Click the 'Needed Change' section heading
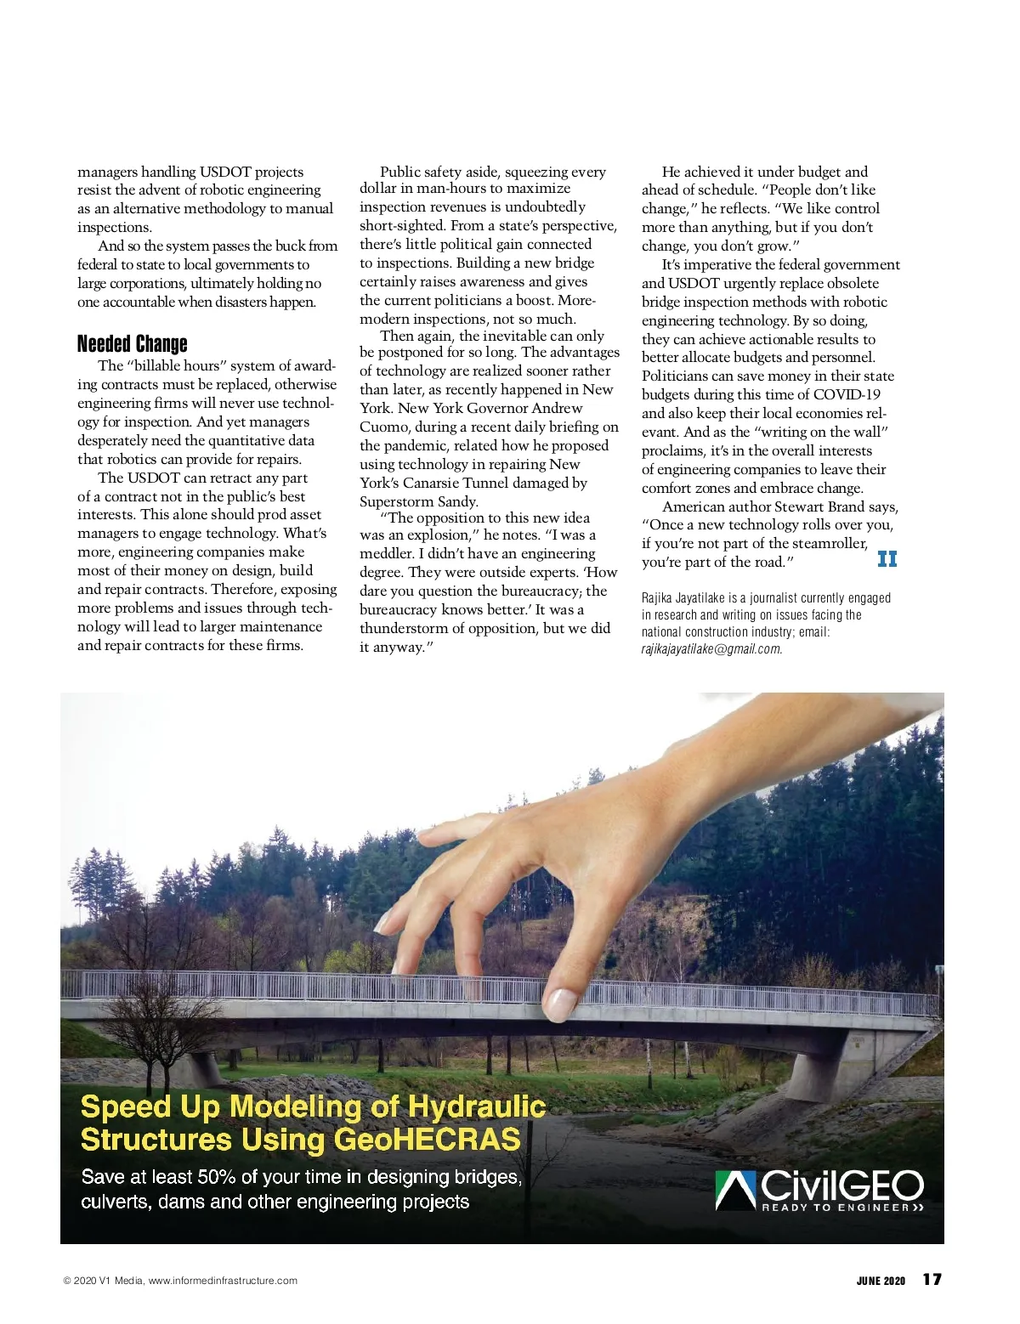[132, 344]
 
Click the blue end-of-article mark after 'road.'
[887, 559]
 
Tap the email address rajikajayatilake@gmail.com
[711, 649]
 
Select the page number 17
[932, 1280]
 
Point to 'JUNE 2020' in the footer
[881, 1281]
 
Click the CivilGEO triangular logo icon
[736, 1190]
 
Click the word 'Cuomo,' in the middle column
[384, 427]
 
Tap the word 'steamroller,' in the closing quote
[819, 544]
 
